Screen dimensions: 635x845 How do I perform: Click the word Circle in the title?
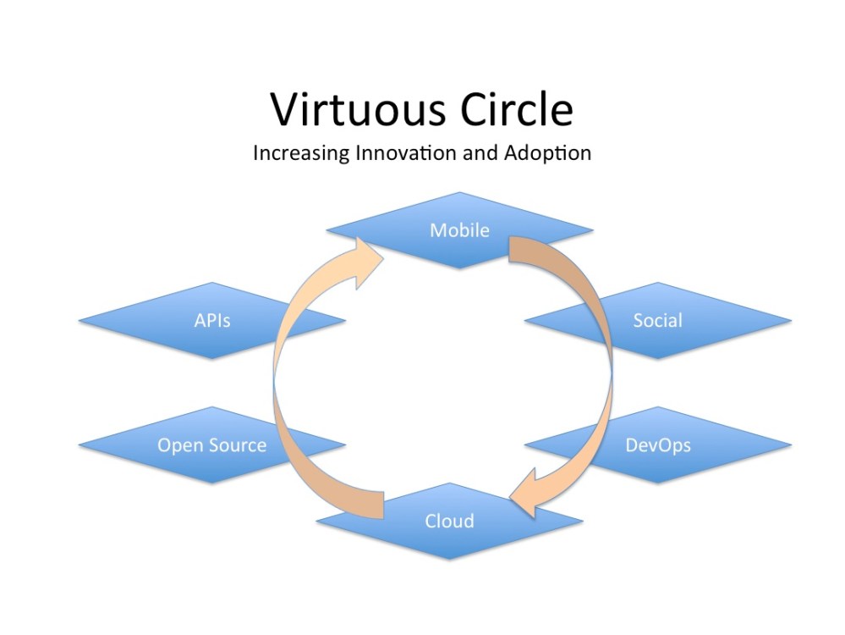click(x=511, y=111)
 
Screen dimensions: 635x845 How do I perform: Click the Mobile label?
click(x=459, y=229)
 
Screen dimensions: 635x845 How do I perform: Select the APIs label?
click(x=211, y=320)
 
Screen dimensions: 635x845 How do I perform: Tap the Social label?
click(x=657, y=320)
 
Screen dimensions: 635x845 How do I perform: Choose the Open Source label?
click(x=211, y=445)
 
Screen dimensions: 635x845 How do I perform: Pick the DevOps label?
click(x=657, y=444)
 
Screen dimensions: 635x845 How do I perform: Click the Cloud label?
click(x=449, y=520)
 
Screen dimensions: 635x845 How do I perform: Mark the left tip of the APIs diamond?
click(x=79, y=320)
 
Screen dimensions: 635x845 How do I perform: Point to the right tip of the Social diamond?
click(x=791, y=320)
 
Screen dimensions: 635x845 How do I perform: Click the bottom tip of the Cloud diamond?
click(x=449, y=559)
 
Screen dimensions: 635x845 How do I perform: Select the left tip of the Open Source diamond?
click(x=79, y=445)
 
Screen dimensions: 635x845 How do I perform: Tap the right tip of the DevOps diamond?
click(x=791, y=444)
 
